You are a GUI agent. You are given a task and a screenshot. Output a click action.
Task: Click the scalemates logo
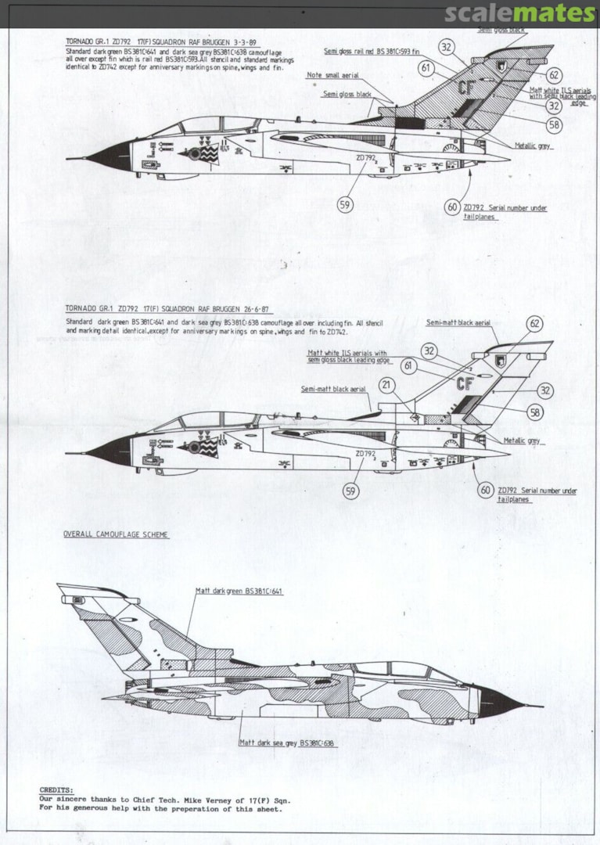coord(519,13)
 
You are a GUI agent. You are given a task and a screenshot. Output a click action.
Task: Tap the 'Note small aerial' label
coord(332,75)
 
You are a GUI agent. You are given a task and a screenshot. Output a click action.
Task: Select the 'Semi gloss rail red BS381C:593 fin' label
coord(375,51)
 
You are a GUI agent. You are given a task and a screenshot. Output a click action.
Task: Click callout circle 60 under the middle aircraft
coord(486,490)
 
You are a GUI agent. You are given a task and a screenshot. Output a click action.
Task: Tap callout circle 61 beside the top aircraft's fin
coord(426,68)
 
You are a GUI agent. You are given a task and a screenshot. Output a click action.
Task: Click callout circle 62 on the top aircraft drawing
coord(553,75)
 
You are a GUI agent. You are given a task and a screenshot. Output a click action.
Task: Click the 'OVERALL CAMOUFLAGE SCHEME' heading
coord(116,534)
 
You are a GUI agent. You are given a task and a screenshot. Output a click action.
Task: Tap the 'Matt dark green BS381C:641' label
coord(239,591)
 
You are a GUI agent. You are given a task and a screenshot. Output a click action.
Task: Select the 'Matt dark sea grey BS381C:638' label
coord(288,743)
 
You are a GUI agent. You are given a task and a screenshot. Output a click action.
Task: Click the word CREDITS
coord(56,790)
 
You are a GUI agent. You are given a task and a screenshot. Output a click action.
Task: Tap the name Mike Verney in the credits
coord(203,800)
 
